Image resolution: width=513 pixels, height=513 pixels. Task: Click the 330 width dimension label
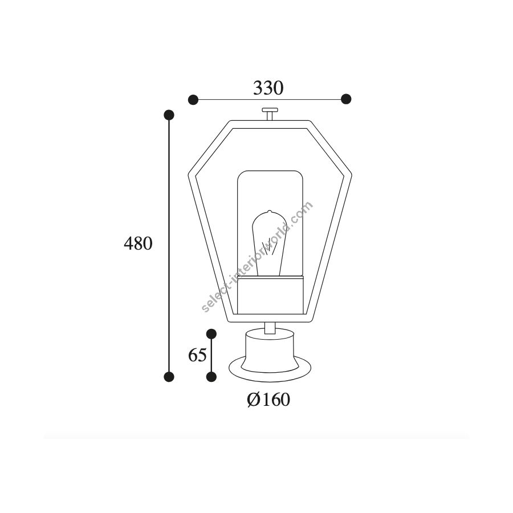point(268,88)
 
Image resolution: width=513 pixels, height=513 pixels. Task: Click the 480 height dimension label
point(138,244)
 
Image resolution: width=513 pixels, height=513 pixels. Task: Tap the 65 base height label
point(197,355)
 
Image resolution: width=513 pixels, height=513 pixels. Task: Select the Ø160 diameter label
point(268,400)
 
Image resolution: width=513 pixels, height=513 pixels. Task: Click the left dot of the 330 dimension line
point(193,99)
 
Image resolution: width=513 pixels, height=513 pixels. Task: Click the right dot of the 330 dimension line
point(346,99)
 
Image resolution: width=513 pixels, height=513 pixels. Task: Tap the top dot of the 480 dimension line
point(169,115)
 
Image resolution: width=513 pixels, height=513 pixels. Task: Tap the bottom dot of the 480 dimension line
point(169,377)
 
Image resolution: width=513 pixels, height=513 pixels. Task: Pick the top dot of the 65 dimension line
point(211,333)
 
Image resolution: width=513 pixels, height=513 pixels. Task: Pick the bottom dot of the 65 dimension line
point(211,377)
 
